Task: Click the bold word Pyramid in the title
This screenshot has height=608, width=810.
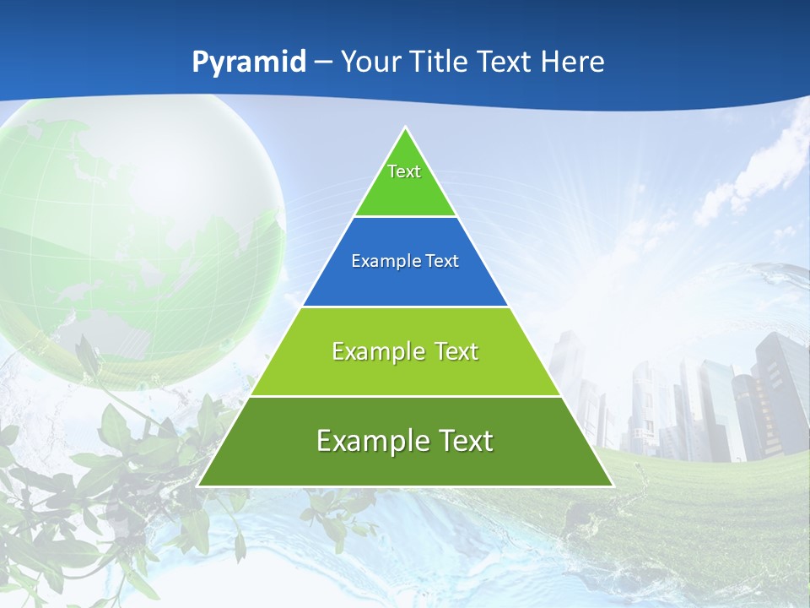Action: click(249, 62)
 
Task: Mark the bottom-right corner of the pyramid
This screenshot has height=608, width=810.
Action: click(612, 486)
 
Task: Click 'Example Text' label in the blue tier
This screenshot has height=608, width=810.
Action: click(405, 261)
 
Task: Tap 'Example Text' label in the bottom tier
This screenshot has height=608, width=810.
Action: click(405, 441)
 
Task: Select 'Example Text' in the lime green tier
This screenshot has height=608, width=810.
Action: click(405, 351)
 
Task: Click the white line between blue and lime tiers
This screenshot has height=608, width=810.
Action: click(405, 307)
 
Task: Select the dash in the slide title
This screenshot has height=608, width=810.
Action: click(323, 62)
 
